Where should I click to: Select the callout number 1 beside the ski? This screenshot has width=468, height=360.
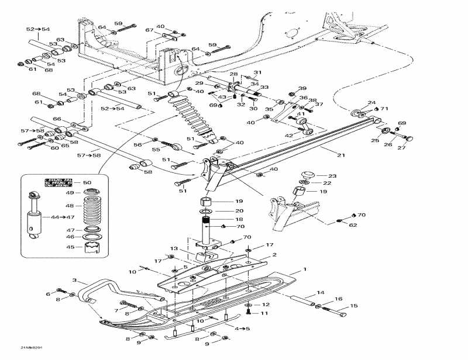click(305, 270)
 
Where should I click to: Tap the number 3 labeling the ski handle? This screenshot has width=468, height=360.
click(74, 281)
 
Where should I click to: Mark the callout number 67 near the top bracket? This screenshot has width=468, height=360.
click(149, 30)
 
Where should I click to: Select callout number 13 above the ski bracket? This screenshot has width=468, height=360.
click(174, 249)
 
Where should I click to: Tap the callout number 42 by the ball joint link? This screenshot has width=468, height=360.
click(288, 135)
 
